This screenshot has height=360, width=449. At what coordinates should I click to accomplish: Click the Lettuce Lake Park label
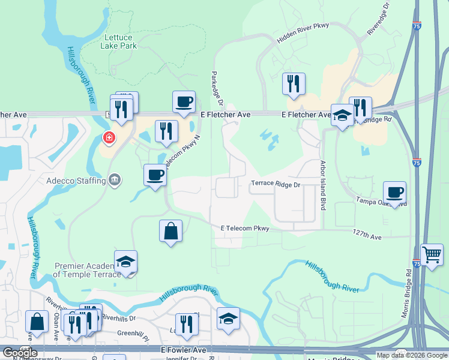coord(119,41)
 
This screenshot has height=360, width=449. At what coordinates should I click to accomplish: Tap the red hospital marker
coord(109,139)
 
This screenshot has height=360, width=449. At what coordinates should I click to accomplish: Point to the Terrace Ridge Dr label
coord(275,185)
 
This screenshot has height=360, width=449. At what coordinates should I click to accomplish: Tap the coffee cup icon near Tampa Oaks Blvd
coord(394,193)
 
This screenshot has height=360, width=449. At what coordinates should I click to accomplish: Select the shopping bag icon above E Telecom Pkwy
coord(170,230)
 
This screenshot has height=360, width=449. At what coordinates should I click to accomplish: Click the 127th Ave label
coord(367,237)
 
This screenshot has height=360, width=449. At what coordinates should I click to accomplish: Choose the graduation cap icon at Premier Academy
coord(125,262)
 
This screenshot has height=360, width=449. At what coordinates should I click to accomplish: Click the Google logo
coord(19,353)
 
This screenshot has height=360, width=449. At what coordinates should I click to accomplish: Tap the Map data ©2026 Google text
coord(412,355)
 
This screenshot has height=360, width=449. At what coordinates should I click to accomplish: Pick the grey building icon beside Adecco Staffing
coord(113,179)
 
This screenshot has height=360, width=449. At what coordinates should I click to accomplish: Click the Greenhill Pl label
coord(133,334)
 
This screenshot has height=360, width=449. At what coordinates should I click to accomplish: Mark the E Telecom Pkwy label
coord(245,228)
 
